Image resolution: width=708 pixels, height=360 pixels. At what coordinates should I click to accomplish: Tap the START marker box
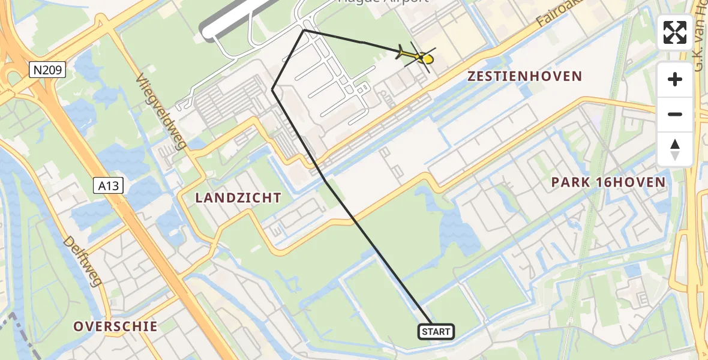[x=436, y=332]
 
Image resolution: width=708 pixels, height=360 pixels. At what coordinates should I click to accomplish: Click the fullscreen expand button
[x=675, y=32]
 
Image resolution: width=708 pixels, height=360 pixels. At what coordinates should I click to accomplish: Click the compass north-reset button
[x=675, y=149]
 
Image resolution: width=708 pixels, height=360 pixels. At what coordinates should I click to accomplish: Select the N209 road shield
[x=47, y=71]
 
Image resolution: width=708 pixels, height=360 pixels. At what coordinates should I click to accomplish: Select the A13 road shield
[x=109, y=186]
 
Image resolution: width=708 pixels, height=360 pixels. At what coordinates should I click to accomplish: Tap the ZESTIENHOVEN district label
[x=524, y=76]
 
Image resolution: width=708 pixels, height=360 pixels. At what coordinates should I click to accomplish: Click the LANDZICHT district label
[x=238, y=197]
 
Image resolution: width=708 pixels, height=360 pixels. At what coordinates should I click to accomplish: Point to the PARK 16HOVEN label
[x=608, y=182]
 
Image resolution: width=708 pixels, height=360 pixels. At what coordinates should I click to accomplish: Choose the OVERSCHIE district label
[x=115, y=326]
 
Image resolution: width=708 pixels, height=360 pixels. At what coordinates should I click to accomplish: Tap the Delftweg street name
[x=81, y=261]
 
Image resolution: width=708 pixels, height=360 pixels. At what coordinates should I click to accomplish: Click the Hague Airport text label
[x=384, y=2]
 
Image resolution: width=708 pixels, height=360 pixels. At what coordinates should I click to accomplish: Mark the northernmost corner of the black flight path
[x=304, y=29]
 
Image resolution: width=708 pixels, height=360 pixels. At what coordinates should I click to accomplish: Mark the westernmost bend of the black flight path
[x=272, y=90]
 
